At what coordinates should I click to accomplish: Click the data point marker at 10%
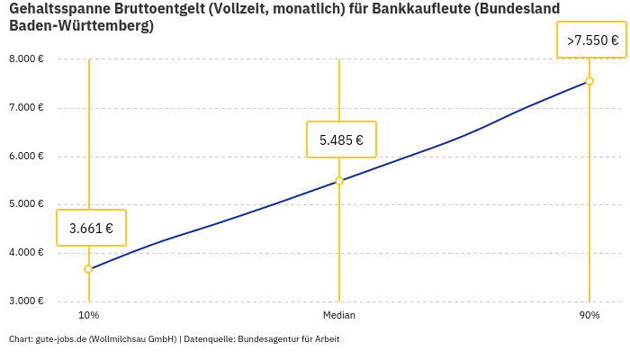[x=88, y=269]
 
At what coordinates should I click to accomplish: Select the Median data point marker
[x=339, y=181]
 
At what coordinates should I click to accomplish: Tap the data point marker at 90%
[x=589, y=81]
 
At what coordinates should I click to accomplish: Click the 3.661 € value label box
[x=91, y=228]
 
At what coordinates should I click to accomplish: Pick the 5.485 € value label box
[x=341, y=139]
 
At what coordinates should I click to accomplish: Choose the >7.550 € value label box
[x=591, y=40]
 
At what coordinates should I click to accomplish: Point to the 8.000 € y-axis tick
[x=26, y=59]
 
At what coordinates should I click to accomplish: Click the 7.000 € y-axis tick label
[x=26, y=108]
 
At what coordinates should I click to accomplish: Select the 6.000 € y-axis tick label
[x=26, y=156]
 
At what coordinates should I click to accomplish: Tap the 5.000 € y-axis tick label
[x=26, y=204]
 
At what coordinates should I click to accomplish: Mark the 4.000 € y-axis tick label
[x=26, y=252]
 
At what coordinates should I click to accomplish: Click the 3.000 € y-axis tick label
[x=26, y=301]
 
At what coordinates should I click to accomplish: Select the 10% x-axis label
[x=88, y=316]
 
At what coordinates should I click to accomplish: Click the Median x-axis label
[x=339, y=316]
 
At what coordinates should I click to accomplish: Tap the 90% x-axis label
[x=589, y=316]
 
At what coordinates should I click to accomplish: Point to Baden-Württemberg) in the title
[x=81, y=26]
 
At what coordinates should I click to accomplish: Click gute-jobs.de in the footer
[x=60, y=339]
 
